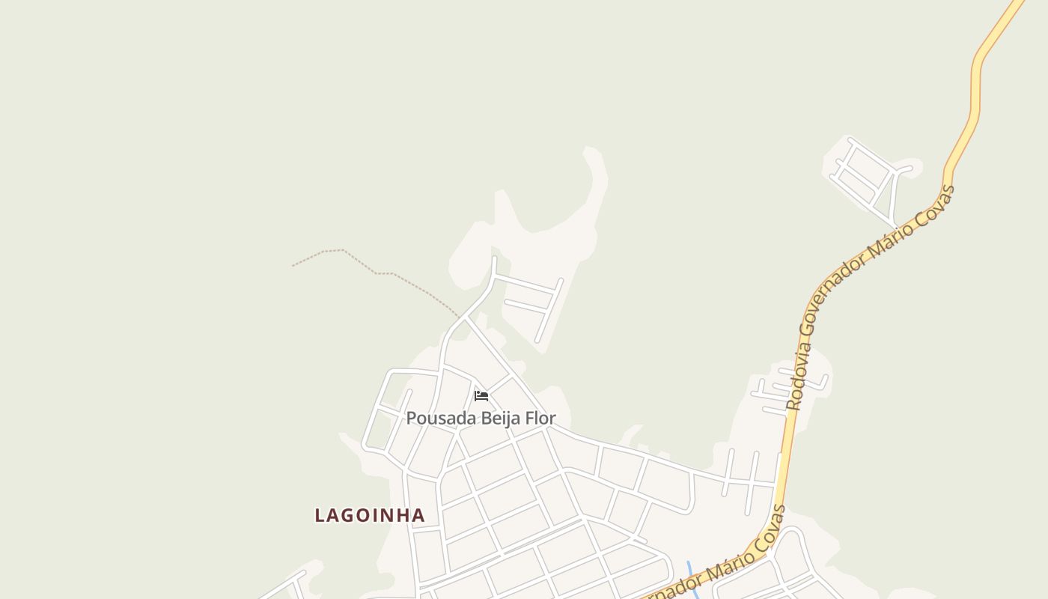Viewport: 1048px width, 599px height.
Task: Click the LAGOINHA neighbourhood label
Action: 370,515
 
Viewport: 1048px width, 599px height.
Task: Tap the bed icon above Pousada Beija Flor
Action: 481,395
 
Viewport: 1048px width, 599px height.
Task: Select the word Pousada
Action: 441,418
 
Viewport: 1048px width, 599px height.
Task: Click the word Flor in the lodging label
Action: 541,418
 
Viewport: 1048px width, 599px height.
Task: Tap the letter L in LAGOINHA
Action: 320,515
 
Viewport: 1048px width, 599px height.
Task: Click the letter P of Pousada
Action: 411,418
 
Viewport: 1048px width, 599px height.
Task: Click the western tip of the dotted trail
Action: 293,266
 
